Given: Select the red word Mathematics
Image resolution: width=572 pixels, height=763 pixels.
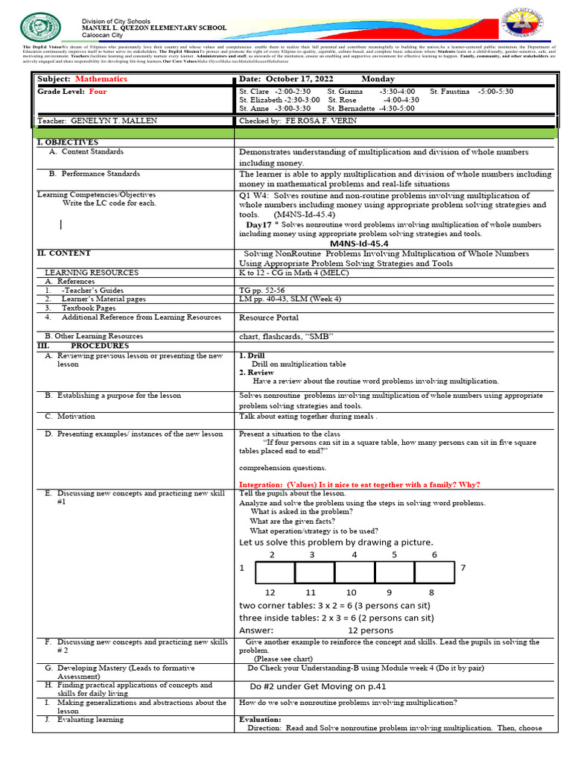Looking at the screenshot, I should pos(101,79).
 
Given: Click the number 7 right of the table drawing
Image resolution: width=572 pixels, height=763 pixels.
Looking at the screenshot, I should pos(463,569).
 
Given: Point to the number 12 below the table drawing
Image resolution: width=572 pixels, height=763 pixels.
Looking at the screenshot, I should pos(270,592).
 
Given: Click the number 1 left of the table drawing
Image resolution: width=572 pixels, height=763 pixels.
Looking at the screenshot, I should pos(242,569).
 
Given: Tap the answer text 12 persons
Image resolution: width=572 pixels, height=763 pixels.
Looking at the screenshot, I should pos(370,630).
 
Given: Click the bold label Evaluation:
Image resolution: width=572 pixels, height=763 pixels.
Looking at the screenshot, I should pos(260,720).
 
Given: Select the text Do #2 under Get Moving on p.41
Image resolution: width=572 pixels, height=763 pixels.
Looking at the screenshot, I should pos(318,686).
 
